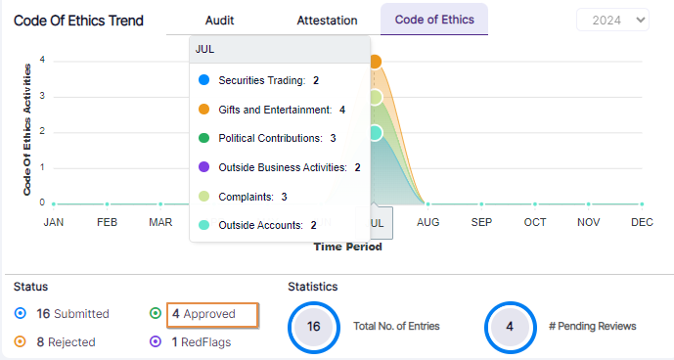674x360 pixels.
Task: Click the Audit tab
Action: pos(219,20)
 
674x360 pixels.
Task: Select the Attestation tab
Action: pos(327,20)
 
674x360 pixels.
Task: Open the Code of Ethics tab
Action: pos(433,20)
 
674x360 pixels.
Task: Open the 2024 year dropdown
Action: pos(612,20)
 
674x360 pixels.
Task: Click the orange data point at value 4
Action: pos(375,62)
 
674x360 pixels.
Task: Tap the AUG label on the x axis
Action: pos(427,222)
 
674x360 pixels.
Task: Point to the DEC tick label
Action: pos(642,222)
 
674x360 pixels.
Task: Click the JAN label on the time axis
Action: pos(54,222)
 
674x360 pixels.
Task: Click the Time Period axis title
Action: pos(347,247)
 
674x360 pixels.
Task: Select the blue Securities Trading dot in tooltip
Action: pos(203,80)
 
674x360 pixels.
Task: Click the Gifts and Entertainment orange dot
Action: pos(203,110)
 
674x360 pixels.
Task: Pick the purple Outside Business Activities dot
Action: pos(203,167)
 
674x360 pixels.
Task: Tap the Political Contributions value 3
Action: pos(333,138)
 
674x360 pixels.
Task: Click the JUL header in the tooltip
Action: pos(205,48)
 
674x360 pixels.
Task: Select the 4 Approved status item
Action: pos(211,314)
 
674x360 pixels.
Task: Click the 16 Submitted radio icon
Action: pos(21,314)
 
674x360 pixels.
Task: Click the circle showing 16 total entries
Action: pos(313,327)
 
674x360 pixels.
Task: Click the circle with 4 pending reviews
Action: pos(510,327)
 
